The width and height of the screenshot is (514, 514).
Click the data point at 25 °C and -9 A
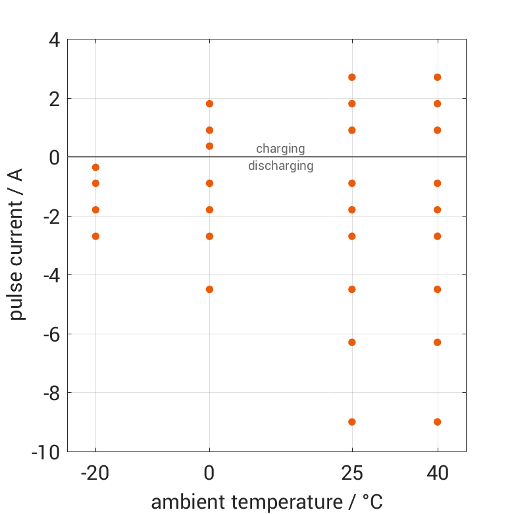pos(352,422)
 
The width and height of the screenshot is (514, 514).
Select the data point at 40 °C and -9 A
pos(438,422)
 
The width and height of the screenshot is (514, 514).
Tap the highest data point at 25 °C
pos(352,77)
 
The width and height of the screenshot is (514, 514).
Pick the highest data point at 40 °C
pos(438,77)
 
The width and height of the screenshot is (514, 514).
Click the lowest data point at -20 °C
pos(95,236)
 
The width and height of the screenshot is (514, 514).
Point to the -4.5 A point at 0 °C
pos(210,289)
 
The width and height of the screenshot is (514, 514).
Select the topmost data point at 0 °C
pos(210,103)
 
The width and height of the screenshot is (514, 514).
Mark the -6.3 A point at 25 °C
pos(352,342)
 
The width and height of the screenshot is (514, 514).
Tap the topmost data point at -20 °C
pos(95,167)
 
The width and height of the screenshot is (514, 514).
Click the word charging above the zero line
pos(280,149)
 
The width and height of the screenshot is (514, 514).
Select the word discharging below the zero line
pos(280,166)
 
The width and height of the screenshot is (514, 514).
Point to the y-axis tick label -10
pos(46,452)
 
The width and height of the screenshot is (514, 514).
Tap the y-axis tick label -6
pos(50,334)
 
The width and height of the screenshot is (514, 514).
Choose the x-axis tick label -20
pos(95,473)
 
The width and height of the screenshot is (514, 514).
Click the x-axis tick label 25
pos(352,473)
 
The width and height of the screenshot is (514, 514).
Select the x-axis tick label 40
pos(438,473)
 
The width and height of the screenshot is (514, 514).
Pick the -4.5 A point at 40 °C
pos(438,289)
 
